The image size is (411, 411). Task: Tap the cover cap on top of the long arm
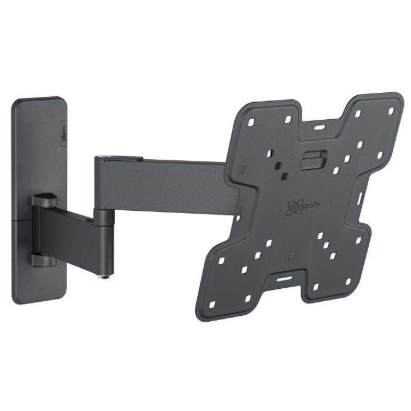click(x=120, y=156)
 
